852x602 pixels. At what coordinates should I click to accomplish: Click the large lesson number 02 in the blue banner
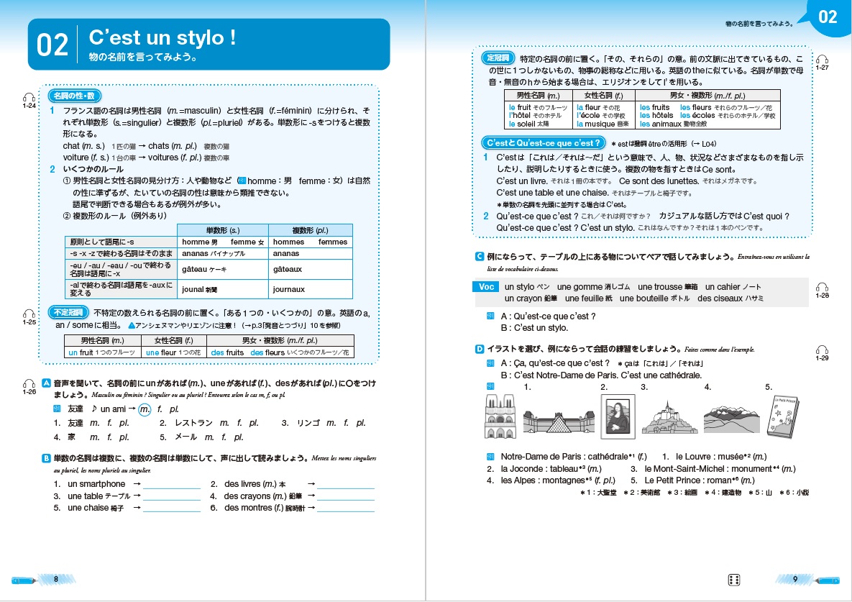(52, 45)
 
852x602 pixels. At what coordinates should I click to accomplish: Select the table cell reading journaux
(288, 289)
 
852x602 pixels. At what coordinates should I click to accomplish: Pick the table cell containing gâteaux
(287, 269)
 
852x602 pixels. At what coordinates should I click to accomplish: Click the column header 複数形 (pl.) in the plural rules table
(311, 230)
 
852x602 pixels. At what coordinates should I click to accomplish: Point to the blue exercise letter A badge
(47, 383)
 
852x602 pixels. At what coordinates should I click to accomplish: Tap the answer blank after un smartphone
(171, 485)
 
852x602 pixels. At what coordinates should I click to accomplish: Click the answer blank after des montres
(346, 508)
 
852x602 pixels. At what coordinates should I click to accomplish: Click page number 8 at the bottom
(57, 579)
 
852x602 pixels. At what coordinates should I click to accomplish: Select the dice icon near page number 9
(734, 580)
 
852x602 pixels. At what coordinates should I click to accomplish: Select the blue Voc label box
(486, 286)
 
